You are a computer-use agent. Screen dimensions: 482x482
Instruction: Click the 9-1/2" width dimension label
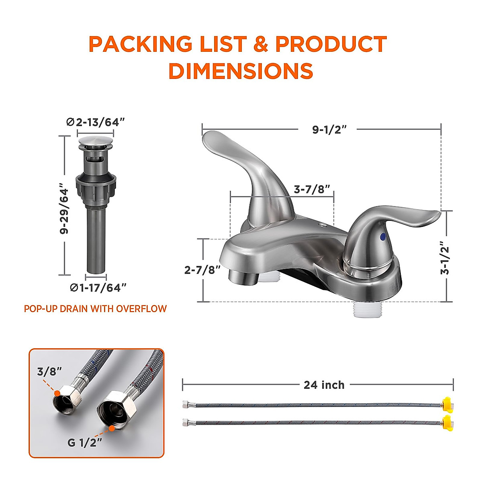pyautogui.click(x=329, y=129)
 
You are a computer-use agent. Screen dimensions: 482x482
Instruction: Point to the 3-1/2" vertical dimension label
pyautogui.click(x=445, y=257)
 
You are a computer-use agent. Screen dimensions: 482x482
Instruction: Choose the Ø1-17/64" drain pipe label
pyautogui.click(x=98, y=288)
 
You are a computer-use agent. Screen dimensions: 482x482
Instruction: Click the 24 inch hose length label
pyautogui.click(x=324, y=385)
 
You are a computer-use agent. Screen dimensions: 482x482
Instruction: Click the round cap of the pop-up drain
pyautogui.click(x=95, y=142)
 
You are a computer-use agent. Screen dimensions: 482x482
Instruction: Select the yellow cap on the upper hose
pyautogui.click(x=447, y=403)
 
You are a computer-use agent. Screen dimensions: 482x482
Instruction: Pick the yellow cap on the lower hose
pyautogui.click(x=447, y=422)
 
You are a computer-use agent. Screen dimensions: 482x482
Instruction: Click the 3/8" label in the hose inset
pyautogui.click(x=49, y=371)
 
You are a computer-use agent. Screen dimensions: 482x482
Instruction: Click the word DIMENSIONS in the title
pyautogui.click(x=241, y=71)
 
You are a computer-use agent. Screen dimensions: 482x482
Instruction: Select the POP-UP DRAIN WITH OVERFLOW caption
pyautogui.click(x=95, y=308)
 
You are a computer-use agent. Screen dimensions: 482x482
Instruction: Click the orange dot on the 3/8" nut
pyautogui.click(x=58, y=392)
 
